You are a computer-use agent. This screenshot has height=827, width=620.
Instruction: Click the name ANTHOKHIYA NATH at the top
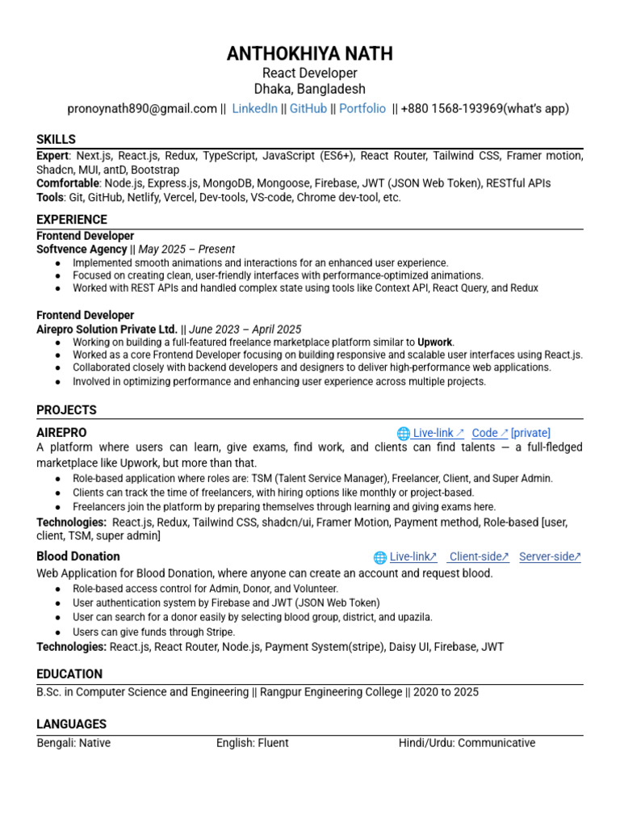(310, 54)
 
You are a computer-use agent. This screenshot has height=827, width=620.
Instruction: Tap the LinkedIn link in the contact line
(254, 108)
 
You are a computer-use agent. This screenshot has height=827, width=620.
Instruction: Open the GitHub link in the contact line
(308, 108)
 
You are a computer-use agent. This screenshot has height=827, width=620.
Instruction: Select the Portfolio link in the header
(362, 108)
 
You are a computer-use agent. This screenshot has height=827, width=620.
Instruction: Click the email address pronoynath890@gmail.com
(142, 108)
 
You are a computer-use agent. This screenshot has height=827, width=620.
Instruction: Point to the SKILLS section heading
(56, 139)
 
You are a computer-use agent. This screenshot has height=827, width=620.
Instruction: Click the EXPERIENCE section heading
(72, 219)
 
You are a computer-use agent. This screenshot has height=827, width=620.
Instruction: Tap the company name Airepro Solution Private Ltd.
(107, 330)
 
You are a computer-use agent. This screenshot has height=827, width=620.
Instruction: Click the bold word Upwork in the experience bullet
(436, 342)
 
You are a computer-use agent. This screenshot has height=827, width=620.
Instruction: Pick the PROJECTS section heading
(66, 409)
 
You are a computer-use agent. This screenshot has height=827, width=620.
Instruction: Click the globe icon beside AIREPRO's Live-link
(404, 434)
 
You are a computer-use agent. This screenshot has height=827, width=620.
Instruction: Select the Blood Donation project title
(78, 556)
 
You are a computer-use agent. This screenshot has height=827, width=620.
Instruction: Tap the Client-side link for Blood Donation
(479, 556)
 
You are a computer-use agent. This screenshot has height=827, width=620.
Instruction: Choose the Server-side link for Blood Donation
(549, 556)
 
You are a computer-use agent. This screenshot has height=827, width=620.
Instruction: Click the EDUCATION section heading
(69, 674)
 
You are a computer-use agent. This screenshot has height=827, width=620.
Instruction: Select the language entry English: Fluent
(252, 743)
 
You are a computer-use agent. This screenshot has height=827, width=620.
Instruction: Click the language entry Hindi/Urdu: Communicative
(467, 743)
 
